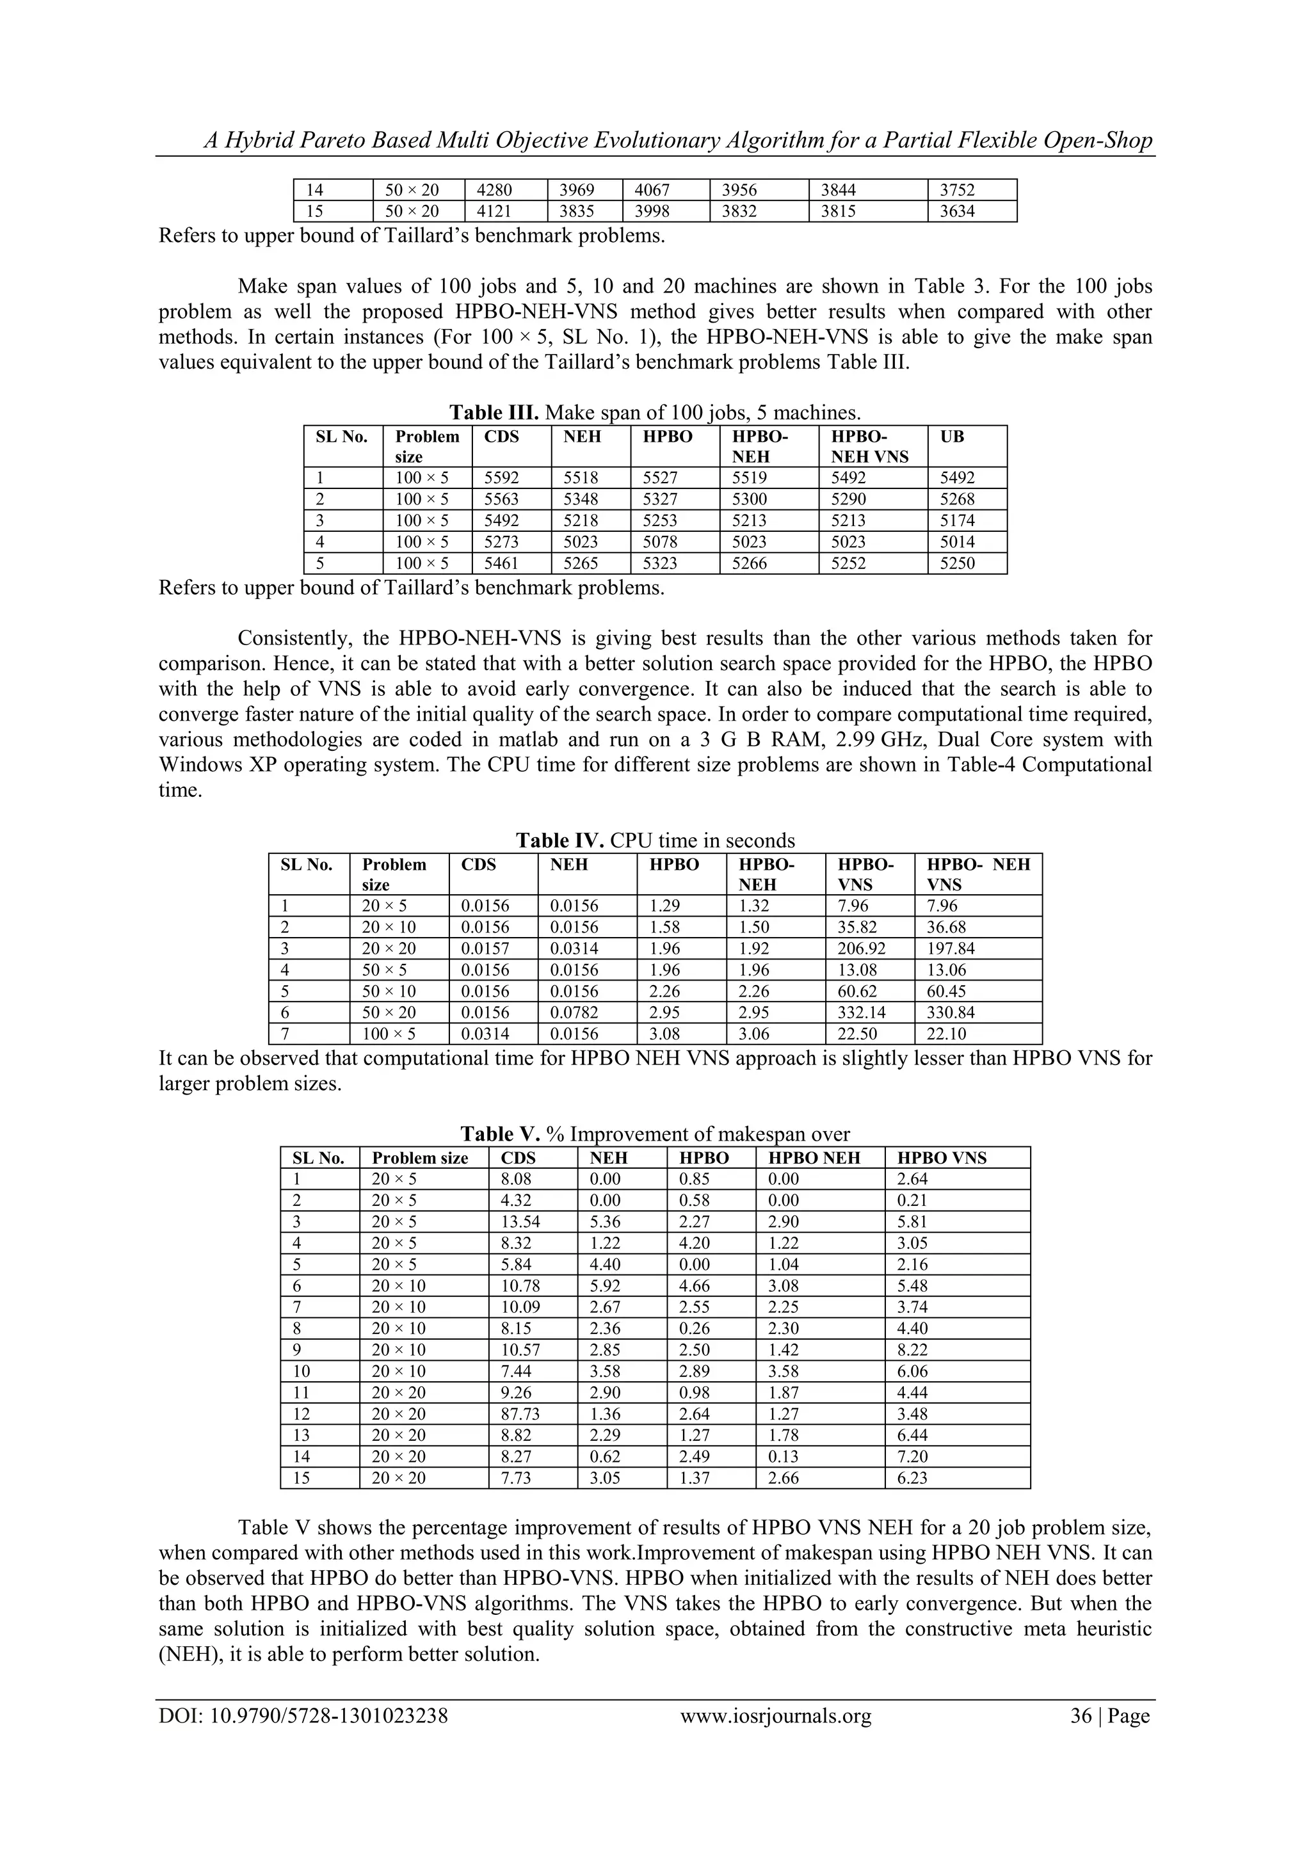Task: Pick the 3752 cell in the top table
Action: click(958, 191)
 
